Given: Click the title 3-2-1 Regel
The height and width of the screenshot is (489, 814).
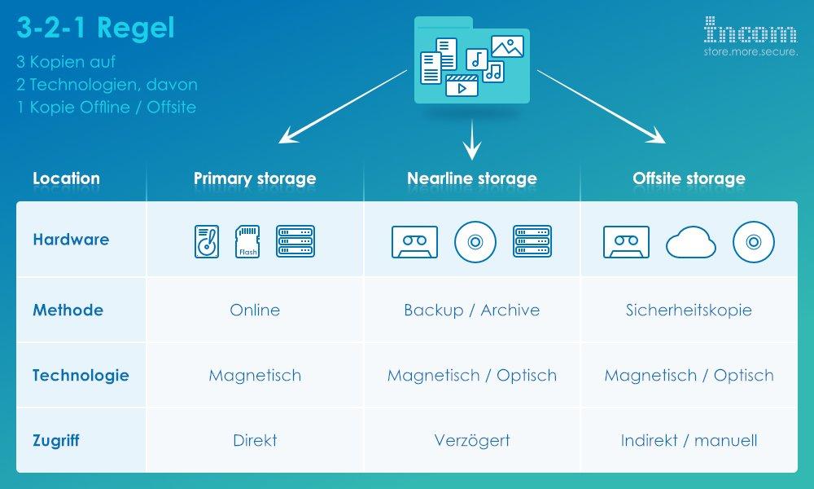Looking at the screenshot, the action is pos(95,28).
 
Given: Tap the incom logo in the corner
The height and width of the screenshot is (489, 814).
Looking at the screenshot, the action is pos(751,36).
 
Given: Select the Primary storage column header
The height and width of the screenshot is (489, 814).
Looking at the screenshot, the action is pos(255,178).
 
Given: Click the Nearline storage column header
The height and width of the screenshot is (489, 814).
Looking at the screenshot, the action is pos(472,178).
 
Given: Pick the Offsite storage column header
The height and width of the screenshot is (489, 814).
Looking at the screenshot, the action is pos(689,178).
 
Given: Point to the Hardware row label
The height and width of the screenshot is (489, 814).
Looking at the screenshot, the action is pos(71,240).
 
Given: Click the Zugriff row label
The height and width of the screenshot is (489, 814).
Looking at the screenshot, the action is pos(56,441).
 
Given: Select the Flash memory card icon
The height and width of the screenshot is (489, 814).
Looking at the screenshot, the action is pos(247,241).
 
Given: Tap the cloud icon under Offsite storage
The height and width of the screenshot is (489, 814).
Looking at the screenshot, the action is pos(690,242).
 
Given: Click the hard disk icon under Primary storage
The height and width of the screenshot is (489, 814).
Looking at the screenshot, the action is pos(207,241).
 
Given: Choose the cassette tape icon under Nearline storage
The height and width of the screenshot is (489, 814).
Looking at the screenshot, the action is pos(415,241).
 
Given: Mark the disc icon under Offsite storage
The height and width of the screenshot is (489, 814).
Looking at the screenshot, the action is pos(754,241).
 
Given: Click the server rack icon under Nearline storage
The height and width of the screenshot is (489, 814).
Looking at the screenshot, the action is pos(532,241).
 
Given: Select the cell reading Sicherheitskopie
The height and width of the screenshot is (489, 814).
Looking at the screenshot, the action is pos(689,311).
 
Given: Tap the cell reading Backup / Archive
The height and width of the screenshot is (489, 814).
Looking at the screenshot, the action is pos(472,311).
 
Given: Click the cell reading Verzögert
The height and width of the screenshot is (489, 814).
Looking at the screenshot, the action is pos(472,441).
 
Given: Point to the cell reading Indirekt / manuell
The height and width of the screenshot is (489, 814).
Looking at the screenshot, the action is pos(689,441).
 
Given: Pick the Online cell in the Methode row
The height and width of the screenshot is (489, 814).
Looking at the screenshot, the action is pos(255,311).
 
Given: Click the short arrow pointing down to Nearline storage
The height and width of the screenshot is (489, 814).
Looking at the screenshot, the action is pos(472,139).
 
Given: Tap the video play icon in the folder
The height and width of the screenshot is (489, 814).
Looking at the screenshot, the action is pos(462,86).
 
